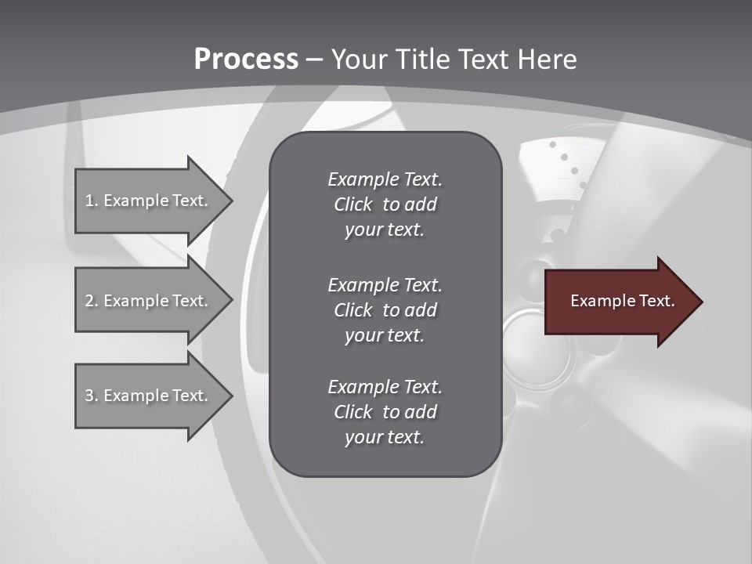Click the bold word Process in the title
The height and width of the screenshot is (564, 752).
coord(246,60)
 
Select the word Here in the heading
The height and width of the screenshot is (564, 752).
coord(548,60)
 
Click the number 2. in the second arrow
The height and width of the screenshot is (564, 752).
coord(92,301)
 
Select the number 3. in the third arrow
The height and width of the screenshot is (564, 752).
coord(92,396)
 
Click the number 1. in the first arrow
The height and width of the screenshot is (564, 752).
coord(92,201)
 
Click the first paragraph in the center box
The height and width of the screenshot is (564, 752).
coord(385,204)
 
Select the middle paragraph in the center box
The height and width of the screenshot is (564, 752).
coord(385,310)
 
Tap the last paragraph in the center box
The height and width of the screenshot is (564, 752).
coord(385,412)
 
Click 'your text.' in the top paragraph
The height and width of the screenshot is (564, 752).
coord(385,230)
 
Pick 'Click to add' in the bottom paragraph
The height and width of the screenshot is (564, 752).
coord(385,412)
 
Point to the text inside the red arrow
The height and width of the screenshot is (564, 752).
coord(622,301)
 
